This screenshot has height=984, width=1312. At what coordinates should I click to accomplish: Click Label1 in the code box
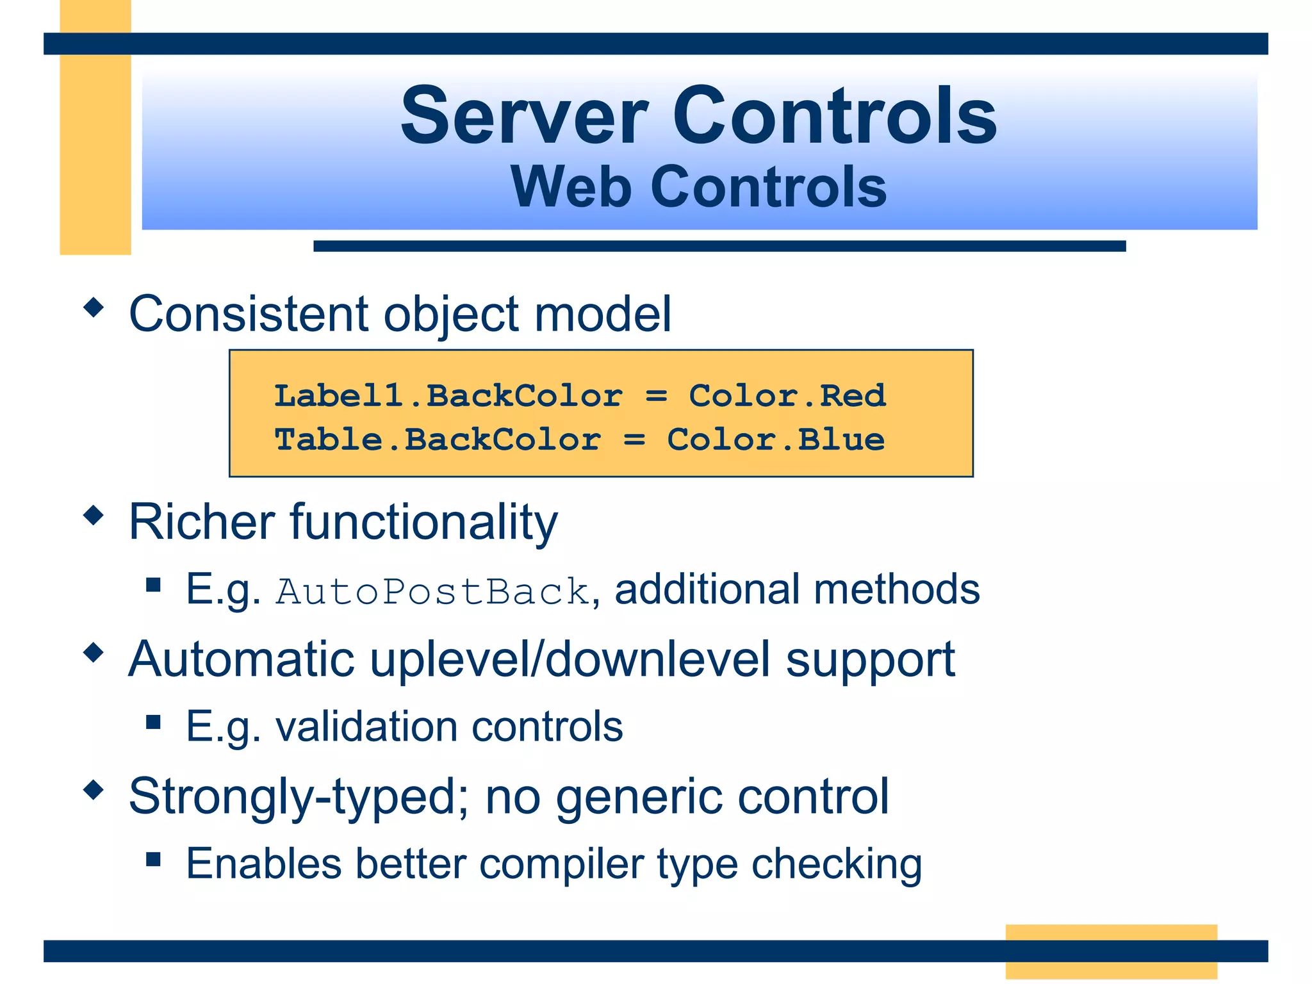[338, 395]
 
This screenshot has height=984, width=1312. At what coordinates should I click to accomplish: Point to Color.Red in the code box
[787, 395]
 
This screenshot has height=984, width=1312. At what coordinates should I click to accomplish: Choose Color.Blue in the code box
[775, 439]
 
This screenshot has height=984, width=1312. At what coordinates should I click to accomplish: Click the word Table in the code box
[328, 439]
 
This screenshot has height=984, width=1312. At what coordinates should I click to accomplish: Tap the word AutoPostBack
[432, 591]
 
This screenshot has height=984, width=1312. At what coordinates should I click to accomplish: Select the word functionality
[423, 522]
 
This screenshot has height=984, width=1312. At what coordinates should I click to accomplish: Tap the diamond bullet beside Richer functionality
[94, 515]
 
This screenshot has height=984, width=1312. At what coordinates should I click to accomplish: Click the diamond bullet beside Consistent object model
[94, 307]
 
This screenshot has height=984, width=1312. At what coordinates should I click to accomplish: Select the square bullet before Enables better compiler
[153, 859]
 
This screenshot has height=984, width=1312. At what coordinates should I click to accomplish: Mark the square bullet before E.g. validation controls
[153, 722]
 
